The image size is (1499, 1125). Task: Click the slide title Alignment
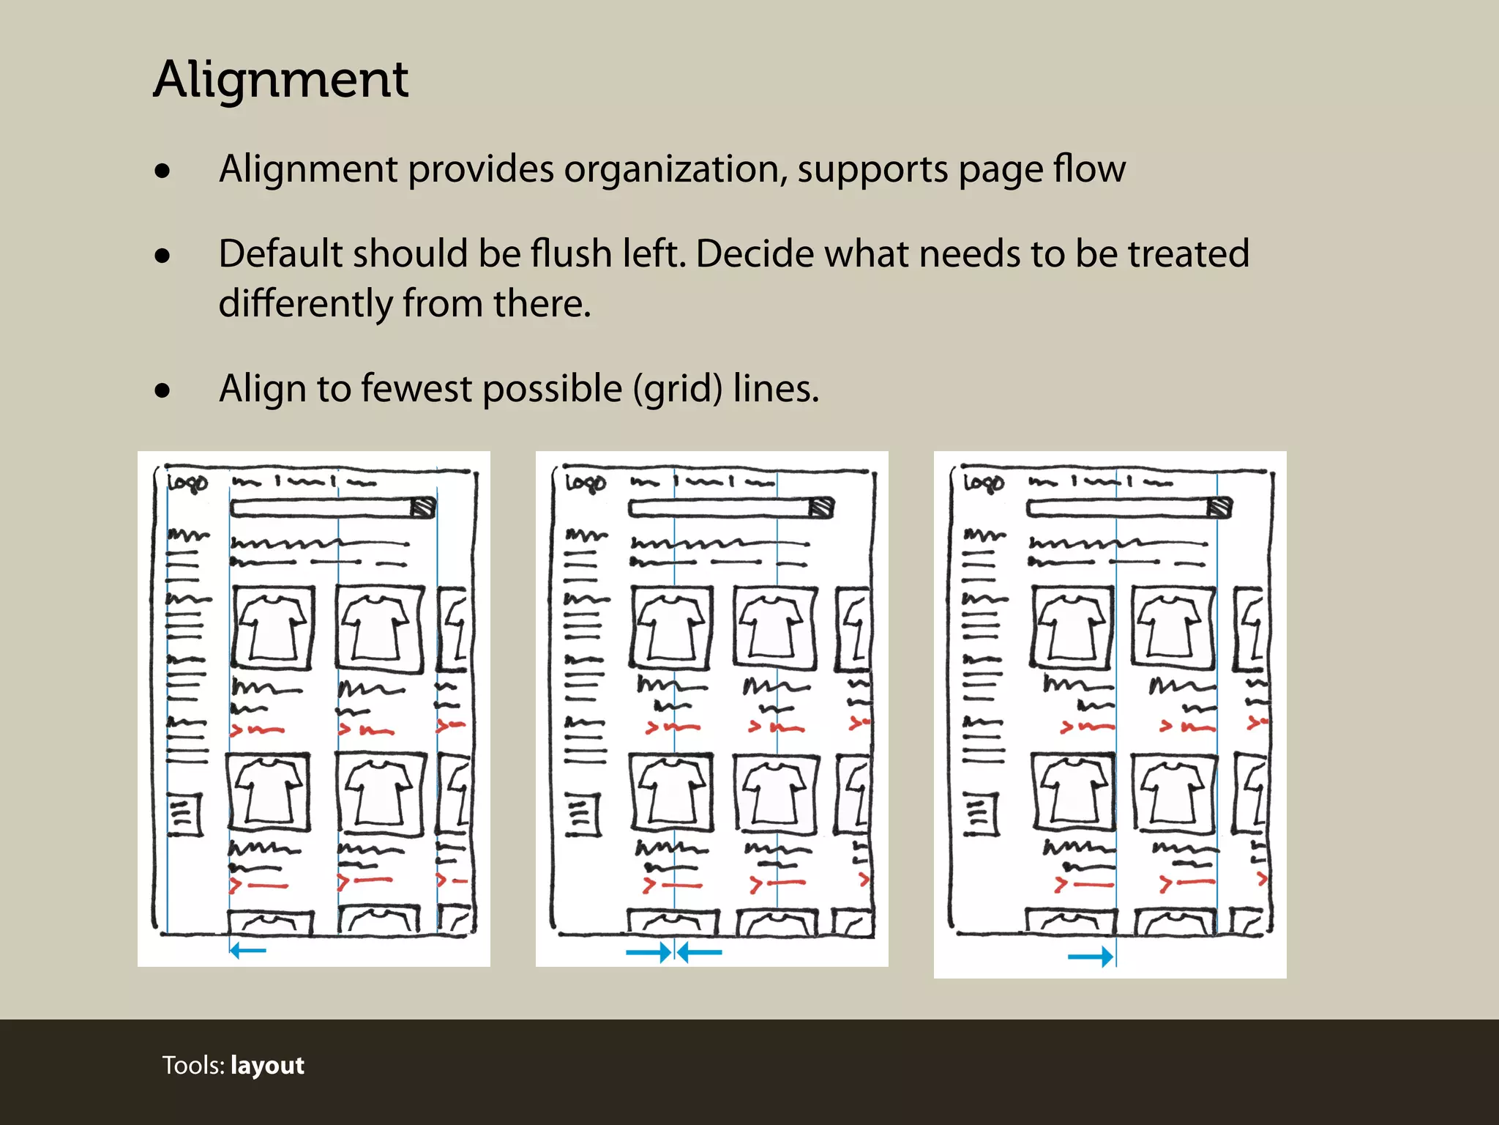(280, 79)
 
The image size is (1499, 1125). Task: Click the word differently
(305, 303)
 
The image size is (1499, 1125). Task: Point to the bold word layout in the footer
(267, 1065)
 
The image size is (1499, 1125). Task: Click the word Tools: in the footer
(193, 1065)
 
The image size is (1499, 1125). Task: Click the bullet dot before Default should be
(162, 256)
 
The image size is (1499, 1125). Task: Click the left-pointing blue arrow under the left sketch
(247, 951)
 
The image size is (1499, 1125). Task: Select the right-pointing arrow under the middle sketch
(648, 952)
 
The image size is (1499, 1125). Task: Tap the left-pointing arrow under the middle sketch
(700, 952)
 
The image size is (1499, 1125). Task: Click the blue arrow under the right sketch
(1091, 956)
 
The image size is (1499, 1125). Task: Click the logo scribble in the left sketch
(187, 483)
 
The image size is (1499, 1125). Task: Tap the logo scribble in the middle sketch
(586, 483)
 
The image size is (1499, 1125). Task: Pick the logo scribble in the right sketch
(984, 483)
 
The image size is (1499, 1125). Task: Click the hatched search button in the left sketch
(423, 507)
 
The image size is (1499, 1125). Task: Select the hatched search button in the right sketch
(1219, 507)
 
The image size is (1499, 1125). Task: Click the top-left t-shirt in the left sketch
(272, 628)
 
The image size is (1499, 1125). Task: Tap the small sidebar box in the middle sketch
(583, 814)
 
